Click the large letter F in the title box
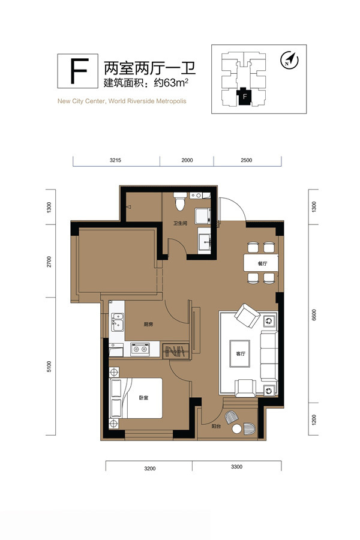pyautogui.click(x=79, y=71)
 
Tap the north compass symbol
pyautogui.click(x=289, y=60)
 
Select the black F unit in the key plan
pyautogui.click(x=244, y=96)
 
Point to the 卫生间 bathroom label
pyautogui.click(x=180, y=224)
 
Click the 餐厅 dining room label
pyautogui.click(x=263, y=263)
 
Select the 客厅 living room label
pyautogui.click(x=241, y=353)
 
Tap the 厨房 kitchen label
pyautogui.click(x=148, y=325)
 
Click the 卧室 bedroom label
pyautogui.click(x=143, y=398)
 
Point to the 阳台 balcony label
pyautogui.click(x=216, y=427)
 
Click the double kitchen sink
pyautogui.click(x=118, y=322)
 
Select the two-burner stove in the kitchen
pyautogui.click(x=140, y=349)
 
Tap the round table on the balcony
pyautogui.click(x=236, y=429)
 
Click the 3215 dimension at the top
pyautogui.click(x=115, y=160)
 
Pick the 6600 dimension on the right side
pyautogui.click(x=313, y=315)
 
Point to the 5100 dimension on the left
pyautogui.click(x=49, y=367)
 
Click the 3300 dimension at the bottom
pyautogui.click(x=236, y=467)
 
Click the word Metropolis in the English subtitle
pyautogui.click(x=171, y=101)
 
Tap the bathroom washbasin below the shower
pyautogui.click(x=204, y=239)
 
